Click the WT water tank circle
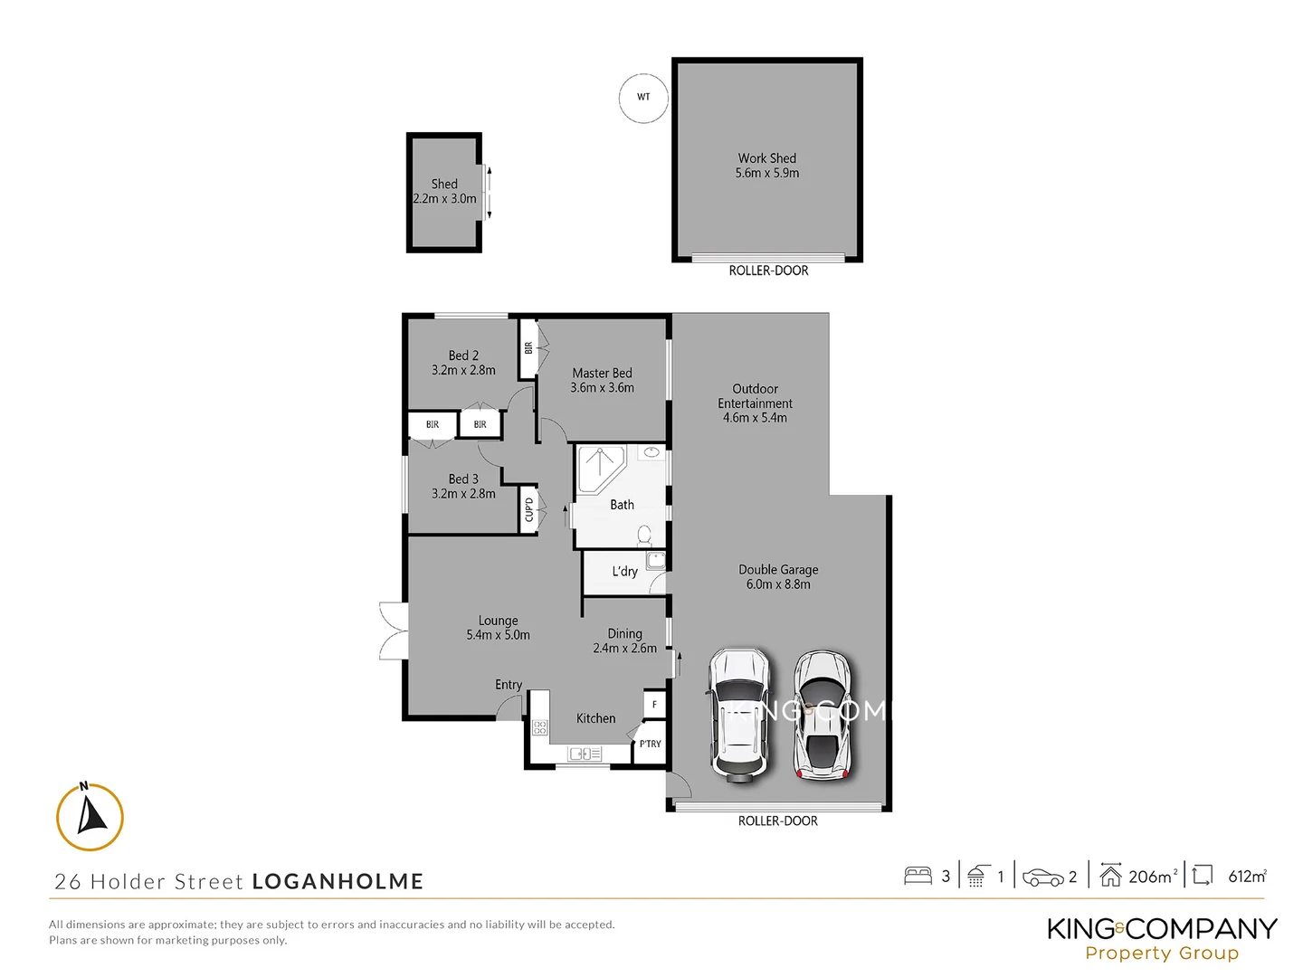point(643,98)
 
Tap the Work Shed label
point(766,166)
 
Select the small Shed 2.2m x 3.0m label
point(444,191)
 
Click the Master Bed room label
point(602,380)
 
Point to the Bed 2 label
point(463,363)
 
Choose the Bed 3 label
point(463,486)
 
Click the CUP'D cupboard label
point(529,509)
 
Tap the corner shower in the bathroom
point(598,468)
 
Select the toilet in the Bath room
point(644,536)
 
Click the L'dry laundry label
point(624,572)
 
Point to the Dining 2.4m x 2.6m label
point(624,640)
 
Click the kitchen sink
point(585,754)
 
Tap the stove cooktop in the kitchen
point(539,727)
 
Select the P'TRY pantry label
point(650,744)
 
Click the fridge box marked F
point(654,704)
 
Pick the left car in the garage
point(740,714)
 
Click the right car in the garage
point(822,715)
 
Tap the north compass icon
point(90,817)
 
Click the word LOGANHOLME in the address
point(338,881)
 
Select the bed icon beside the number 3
point(918,876)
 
